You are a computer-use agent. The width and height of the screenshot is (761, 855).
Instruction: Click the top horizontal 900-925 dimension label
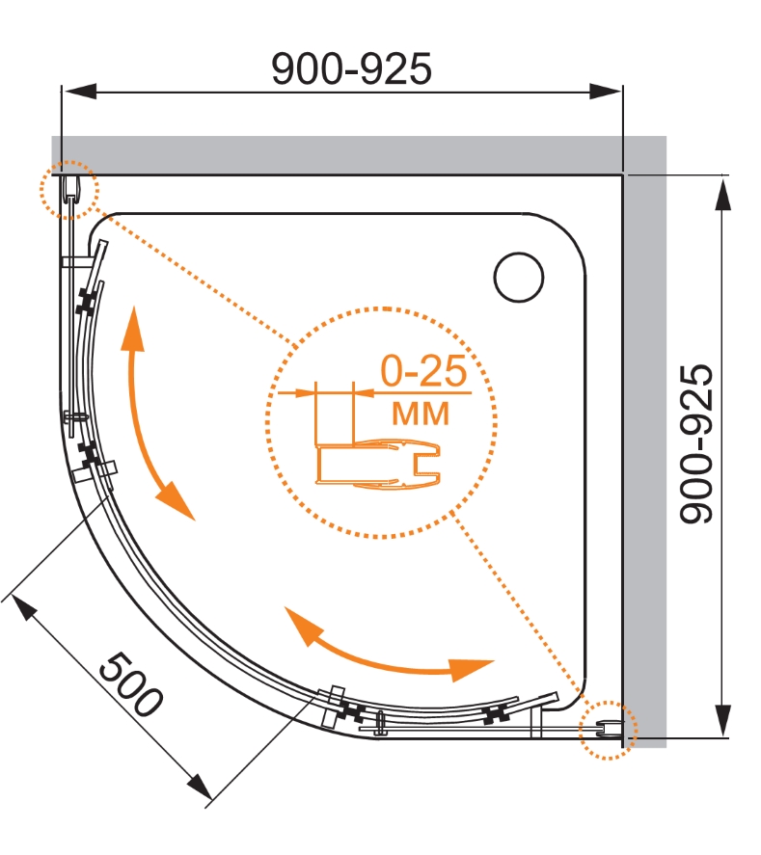[351, 69]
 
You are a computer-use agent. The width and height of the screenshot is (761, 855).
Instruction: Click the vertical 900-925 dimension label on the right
[696, 443]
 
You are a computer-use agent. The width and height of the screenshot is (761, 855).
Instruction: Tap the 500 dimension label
[130, 683]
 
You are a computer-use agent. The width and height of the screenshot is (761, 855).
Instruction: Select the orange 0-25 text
[423, 371]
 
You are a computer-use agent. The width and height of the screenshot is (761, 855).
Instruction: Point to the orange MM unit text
[421, 413]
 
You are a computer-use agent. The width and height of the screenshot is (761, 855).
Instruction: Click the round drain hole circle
[519, 277]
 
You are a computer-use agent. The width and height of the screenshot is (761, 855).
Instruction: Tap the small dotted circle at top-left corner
[69, 190]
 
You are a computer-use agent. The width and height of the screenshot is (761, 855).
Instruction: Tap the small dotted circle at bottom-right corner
[608, 730]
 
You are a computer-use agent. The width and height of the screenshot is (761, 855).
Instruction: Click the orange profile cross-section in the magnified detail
[377, 464]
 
